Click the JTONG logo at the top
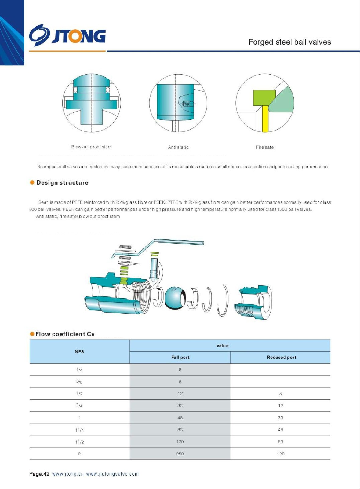(x=67, y=35)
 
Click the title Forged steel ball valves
(x=289, y=42)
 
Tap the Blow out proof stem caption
(x=91, y=147)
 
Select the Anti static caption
(x=178, y=147)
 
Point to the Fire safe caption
(x=265, y=147)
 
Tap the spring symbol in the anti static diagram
(x=187, y=104)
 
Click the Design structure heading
(x=62, y=183)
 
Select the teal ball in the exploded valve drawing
(x=174, y=298)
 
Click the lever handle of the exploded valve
(x=177, y=243)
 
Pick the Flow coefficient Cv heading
(x=65, y=334)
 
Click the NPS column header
(x=79, y=352)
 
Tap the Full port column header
(x=180, y=358)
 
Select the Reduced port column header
(x=282, y=358)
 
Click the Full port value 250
(x=180, y=454)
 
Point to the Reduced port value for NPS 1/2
(x=280, y=394)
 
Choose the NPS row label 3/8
(x=79, y=382)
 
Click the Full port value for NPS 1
(x=180, y=418)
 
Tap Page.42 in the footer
(x=39, y=474)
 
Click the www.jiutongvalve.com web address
(x=112, y=474)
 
